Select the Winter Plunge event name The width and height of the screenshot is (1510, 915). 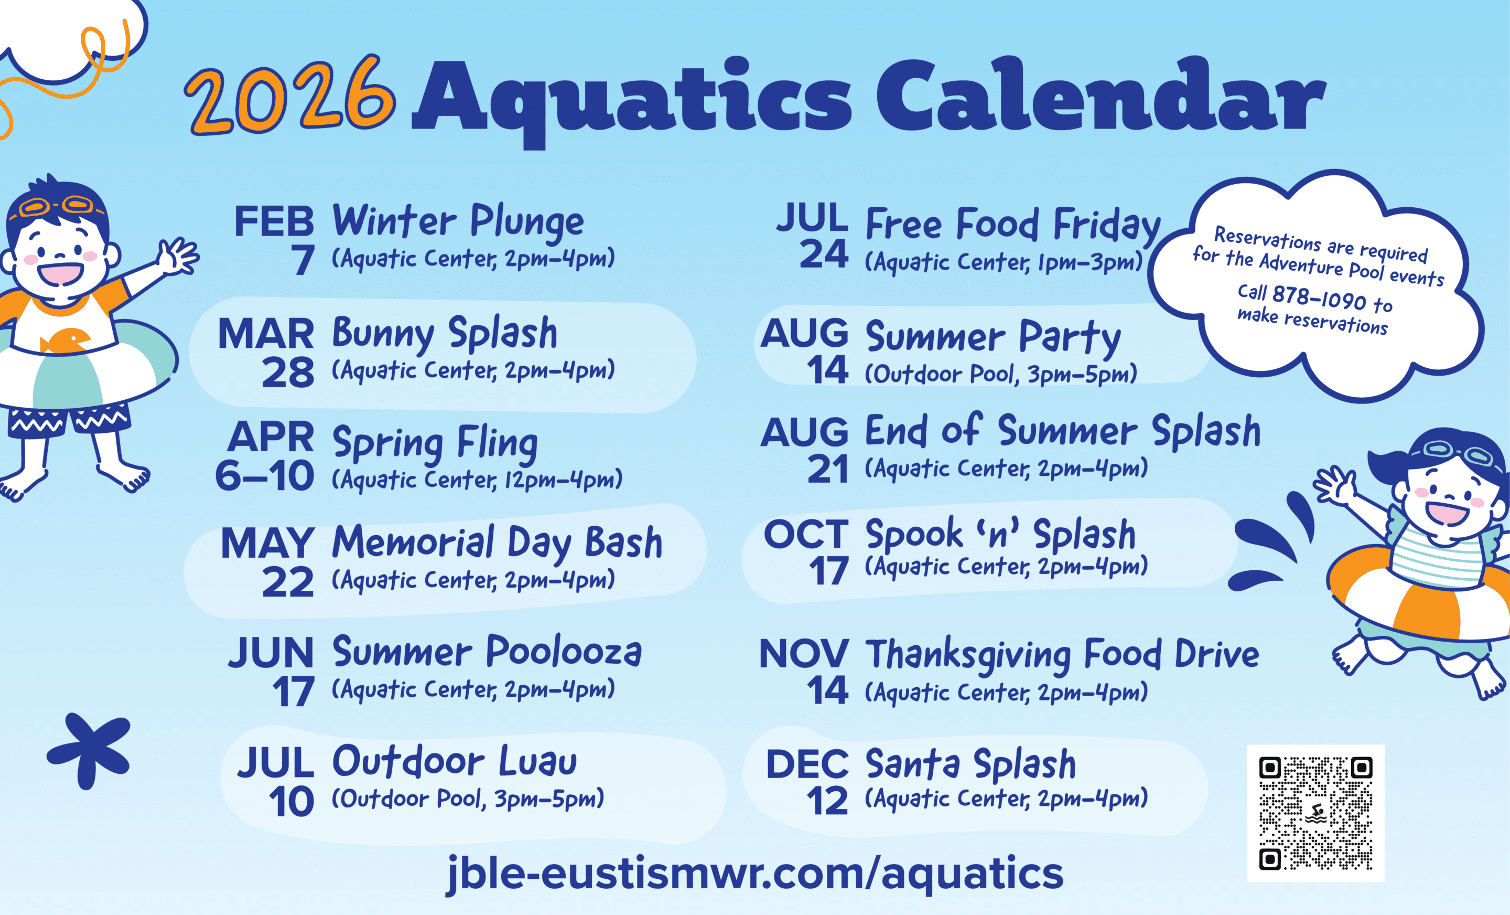(458, 221)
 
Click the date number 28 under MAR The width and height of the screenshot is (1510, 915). (287, 373)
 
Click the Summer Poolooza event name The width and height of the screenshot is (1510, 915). (487, 651)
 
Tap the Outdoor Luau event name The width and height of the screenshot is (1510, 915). (454, 761)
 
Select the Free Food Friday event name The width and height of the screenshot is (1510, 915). (1013, 225)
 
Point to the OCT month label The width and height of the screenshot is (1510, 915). (806, 534)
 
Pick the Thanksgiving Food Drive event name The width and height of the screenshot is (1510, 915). (1062, 654)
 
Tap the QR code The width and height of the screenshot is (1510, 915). (1315, 813)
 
